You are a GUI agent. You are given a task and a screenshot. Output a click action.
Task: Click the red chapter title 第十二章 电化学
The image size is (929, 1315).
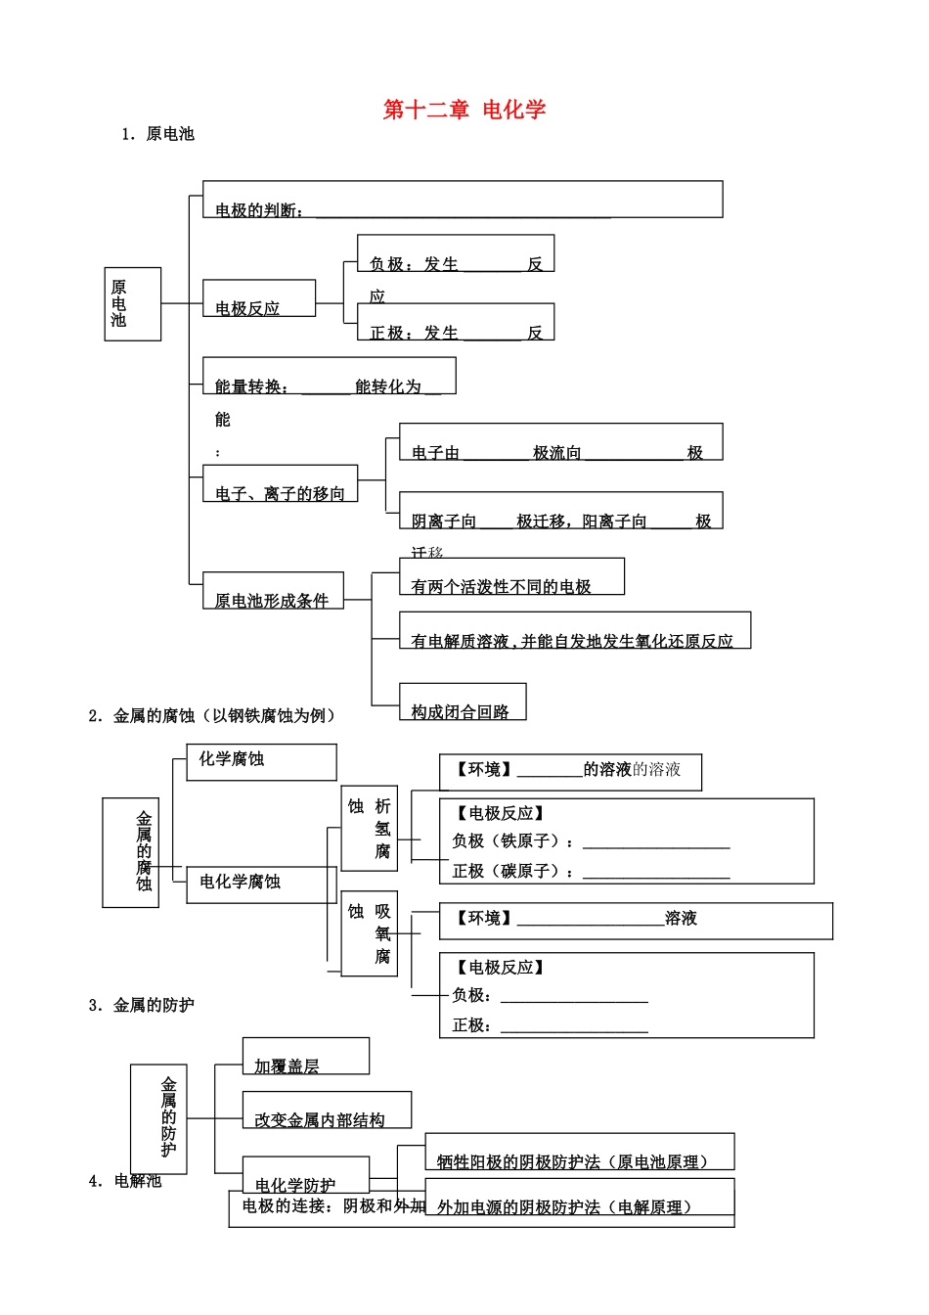(x=464, y=110)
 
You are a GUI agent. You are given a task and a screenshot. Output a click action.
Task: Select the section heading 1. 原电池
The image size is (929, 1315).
(x=157, y=134)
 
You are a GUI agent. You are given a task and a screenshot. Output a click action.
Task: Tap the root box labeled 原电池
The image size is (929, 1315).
(x=132, y=304)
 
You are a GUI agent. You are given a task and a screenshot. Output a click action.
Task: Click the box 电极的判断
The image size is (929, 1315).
(x=462, y=200)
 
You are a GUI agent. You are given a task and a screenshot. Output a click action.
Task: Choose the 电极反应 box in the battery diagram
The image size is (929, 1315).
(x=258, y=298)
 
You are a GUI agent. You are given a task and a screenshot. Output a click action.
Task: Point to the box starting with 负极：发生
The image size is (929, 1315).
(x=455, y=253)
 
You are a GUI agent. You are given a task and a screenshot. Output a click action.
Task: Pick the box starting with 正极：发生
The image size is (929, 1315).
(x=455, y=322)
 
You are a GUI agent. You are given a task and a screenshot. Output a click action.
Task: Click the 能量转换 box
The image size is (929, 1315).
(x=329, y=377)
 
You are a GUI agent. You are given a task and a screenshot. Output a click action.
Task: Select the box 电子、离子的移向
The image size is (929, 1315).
(x=280, y=484)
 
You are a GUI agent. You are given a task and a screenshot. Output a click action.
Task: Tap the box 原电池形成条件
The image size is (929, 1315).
(x=273, y=591)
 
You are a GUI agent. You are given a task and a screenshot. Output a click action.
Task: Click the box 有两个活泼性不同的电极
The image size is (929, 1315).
(x=510, y=577)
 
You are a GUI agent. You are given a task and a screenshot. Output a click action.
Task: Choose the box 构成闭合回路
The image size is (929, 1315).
(x=462, y=702)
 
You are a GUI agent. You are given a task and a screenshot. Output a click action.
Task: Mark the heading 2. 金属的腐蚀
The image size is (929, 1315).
(x=212, y=716)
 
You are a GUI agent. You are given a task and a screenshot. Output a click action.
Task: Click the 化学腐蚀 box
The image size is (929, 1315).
(x=261, y=761)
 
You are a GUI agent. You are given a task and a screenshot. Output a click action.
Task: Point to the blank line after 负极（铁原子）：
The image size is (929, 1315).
(x=656, y=842)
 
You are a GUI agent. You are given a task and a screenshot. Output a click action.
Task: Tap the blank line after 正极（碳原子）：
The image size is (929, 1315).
(x=656, y=873)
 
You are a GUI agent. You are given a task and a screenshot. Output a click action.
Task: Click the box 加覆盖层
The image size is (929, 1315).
(x=305, y=1057)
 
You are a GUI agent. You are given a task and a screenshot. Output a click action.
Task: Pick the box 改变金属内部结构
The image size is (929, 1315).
(x=327, y=1111)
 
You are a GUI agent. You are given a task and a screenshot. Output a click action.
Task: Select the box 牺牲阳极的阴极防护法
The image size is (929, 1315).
(x=579, y=1153)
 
